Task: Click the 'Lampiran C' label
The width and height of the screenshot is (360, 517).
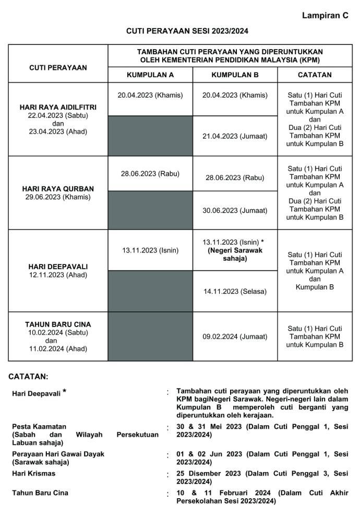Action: pyautogui.click(x=325, y=16)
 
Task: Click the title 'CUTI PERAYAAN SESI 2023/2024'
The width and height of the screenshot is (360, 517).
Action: pyautogui.click(x=180, y=31)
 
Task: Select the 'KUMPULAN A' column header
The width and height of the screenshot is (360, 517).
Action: pyautogui.click(x=150, y=75)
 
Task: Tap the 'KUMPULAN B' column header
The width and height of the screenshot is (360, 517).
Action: pyautogui.click(x=235, y=75)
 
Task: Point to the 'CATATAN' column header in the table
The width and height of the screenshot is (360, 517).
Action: pyautogui.click(x=315, y=75)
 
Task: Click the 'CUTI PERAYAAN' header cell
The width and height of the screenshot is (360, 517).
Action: pyautogui.click(x=58, y=67)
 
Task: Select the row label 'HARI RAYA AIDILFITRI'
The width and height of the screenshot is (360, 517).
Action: pyautogui.click(x=58, y=107)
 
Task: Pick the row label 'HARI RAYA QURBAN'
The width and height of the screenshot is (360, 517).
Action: pyautogui.click(x=58, y=188)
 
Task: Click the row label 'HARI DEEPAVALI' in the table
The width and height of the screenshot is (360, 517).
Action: pyautogui.click(x=58, y=266)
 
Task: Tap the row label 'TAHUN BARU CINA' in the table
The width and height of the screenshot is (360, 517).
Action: pyautogui.click(x=58, y=324)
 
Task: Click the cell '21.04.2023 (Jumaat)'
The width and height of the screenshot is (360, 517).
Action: pyautogui.click(x=235, y=136)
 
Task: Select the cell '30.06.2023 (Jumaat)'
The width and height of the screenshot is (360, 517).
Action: pyautogui.click(x=235, y=211)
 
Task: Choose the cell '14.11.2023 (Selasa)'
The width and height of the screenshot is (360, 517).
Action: pyautogui.click(x=235, y=292)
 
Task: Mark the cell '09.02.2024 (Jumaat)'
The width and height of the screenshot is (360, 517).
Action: pyautogui.click(x=235, y=336)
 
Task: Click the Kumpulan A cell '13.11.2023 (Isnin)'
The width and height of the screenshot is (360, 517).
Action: pyautogui.click(x=150, y=250)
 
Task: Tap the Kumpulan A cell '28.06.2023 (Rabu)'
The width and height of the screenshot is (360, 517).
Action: pyautogui.click(x=150, y=174)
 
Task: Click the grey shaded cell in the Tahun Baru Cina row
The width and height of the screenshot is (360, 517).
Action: pyautogui.click(x=150, y=336)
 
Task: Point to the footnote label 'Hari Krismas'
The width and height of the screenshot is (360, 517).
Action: pyautogui.click(x=33, y=473)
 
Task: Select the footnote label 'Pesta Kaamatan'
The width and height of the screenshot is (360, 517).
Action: pyautogui.click(x=39, y=426)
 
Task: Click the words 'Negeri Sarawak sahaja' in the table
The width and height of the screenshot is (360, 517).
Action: pyautogui.click(x=235, y=254)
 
